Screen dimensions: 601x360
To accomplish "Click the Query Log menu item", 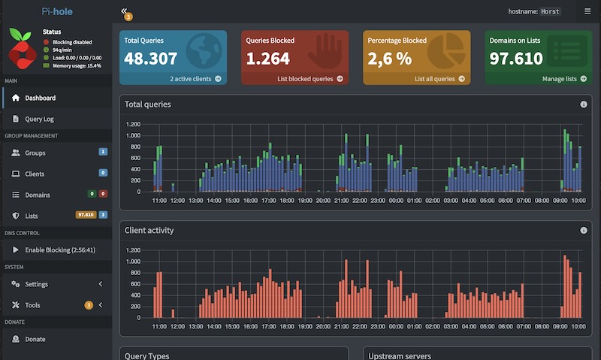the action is tap(39, 119).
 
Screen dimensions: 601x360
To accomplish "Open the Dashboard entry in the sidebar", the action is tap(40, 98).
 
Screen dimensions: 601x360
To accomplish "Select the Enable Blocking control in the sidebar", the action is tap(60, 250).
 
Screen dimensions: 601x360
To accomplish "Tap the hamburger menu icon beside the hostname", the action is tap(587, 11).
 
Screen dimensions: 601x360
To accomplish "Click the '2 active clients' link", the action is tap(195, 79).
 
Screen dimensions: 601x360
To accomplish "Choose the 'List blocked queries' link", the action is tap(310, 79).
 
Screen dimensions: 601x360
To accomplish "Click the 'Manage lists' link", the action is tap(564, 79).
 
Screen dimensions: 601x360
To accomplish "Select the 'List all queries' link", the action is tap(439, 79).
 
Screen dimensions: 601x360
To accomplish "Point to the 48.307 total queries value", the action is tap(151, 59).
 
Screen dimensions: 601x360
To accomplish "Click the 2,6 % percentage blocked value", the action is tap(389, 59).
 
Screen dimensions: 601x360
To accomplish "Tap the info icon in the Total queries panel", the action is tap(584, 104).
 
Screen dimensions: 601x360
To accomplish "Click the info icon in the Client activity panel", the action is tap(584, 230).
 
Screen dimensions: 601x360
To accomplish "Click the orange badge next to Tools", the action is tap(89, 305).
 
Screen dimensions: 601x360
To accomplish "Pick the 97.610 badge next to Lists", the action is tap(86, 215).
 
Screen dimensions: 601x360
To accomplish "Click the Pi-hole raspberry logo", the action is tap(23, 49).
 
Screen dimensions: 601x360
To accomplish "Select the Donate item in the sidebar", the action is tap(35, 339).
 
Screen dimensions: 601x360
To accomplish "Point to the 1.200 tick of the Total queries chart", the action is tap(133, 124).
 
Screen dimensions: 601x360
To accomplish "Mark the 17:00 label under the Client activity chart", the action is tap(268, 326).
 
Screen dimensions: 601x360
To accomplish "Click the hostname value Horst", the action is tap(550, 11).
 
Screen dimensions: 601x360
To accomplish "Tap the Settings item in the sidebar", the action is tap(36, 284).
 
